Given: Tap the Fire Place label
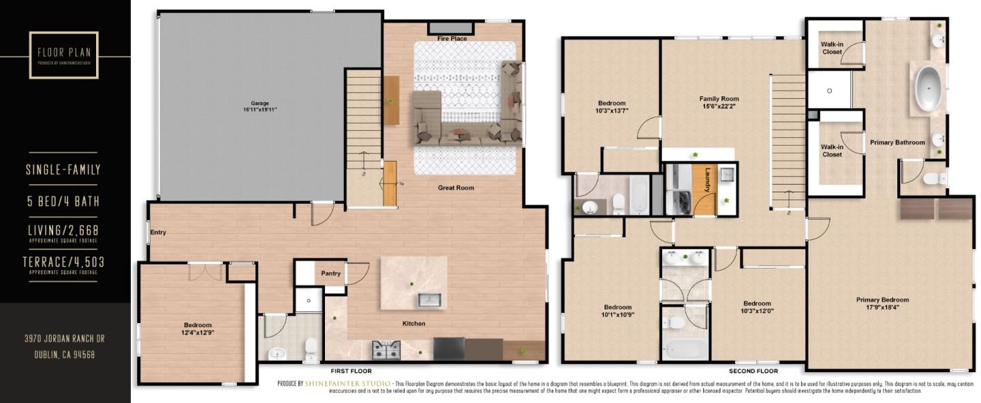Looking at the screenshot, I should tap(452, 39).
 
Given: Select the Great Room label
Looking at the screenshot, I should tap(456, 188).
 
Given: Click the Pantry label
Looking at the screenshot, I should tap(331, 273).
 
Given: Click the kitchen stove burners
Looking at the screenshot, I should tap(386, 350).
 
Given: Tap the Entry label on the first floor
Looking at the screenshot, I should tap(158, 233).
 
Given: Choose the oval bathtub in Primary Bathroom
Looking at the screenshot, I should tap(927, 88).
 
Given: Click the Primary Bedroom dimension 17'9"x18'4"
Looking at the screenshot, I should tap(882, 308).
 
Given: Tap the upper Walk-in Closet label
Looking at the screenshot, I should tap(832, 48).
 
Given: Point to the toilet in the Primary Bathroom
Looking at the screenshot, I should tap(933, 179).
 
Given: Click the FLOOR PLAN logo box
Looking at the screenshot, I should tap(64, 54).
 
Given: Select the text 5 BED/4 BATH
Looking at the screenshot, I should tap(63, 201).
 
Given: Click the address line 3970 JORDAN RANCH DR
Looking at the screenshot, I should tap(65, 339).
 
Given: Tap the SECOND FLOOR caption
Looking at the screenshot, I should tap(753, 372).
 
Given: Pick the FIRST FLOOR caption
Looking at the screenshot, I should tap(351, 372).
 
